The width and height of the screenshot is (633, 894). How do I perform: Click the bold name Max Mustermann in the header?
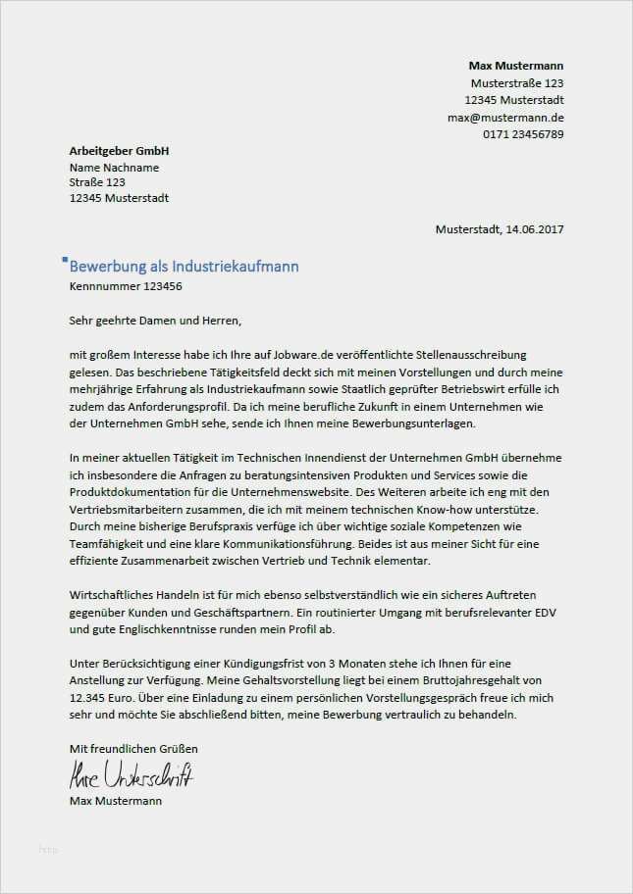[516, 65]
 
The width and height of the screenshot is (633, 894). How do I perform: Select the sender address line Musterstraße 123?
[517, 83]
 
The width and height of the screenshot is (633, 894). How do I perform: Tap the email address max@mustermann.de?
[505, 117]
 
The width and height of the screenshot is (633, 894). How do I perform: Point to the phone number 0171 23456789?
[523, 133]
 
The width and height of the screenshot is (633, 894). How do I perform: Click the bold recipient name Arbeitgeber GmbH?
[120, 151]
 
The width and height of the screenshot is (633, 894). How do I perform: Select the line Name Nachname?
[114, 167]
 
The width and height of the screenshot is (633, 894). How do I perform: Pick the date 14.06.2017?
[535, 229]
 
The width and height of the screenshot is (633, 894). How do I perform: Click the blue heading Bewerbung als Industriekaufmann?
[185, 267]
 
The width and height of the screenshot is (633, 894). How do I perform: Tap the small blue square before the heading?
[65, 260]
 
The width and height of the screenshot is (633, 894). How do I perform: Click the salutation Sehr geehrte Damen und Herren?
[155, 320]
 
